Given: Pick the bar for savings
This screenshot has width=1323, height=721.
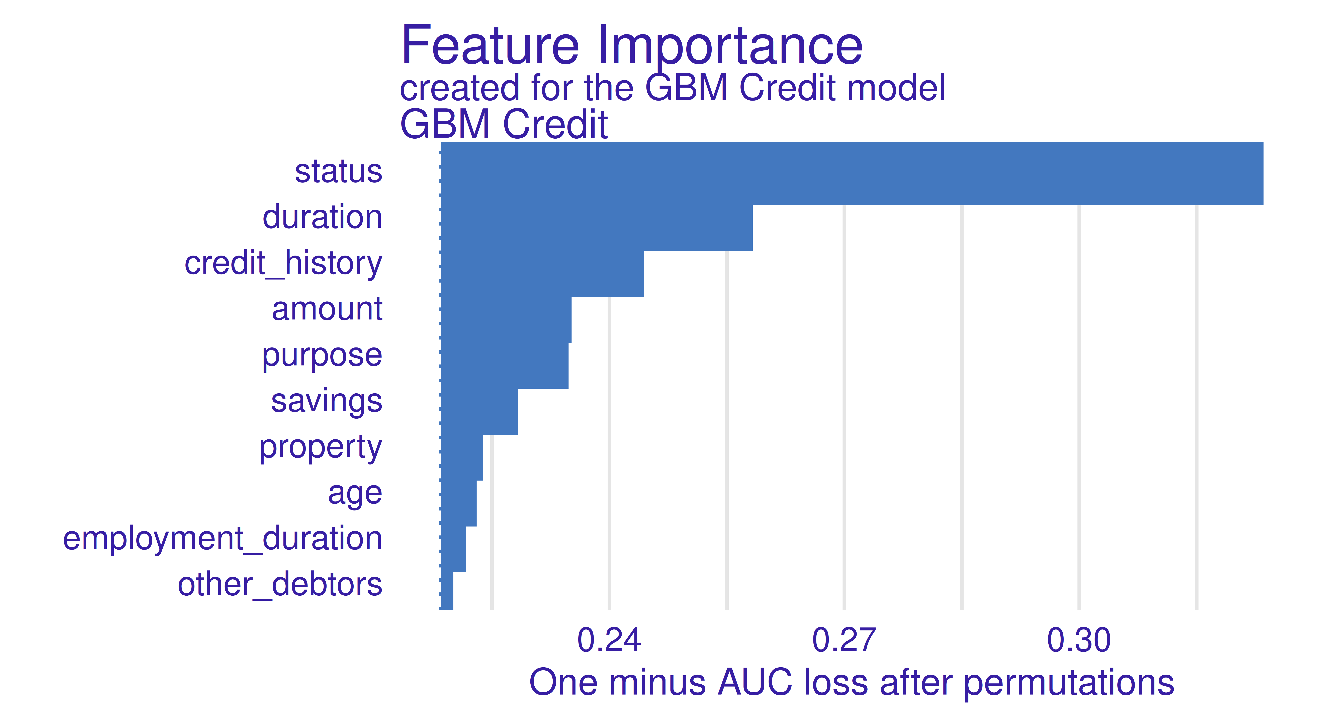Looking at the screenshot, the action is (479, 412).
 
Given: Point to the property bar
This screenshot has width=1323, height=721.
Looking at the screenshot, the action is (461, 457).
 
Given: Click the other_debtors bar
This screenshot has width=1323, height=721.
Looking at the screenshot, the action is (446, 591).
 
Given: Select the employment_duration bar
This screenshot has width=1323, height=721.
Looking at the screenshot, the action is (453, 549).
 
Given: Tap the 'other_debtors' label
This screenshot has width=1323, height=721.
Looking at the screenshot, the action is (280, 584).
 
